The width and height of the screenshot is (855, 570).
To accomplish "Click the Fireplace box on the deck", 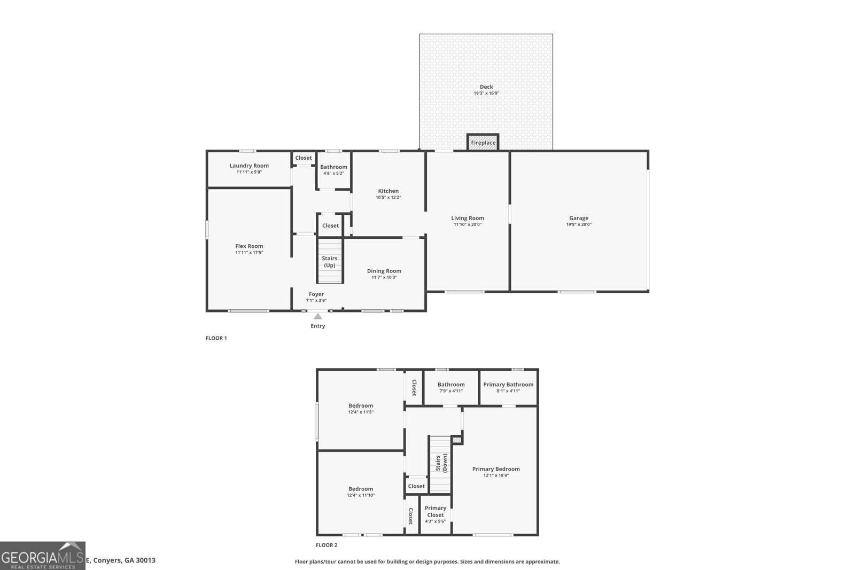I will click(x=483, y=143).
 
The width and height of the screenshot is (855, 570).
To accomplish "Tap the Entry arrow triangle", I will click(x=318, y=316).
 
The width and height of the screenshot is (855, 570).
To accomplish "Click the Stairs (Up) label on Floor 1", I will click(x=330, y=262).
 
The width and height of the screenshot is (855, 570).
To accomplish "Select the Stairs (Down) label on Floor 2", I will click(x=441, y=463).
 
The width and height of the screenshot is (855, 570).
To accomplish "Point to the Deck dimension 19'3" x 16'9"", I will click(x=486, y=93).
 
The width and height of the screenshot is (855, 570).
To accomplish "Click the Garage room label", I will click(x=579, y=218).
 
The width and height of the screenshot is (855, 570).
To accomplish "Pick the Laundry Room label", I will click(x=249, y=166).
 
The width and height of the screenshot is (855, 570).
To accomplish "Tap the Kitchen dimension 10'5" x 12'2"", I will click(x=388, y=198).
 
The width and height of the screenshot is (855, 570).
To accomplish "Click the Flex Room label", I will click(x=249, y=246).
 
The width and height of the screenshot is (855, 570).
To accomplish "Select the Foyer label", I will click(x=316, y=294).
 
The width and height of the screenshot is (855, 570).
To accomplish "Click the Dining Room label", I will click(x=384, y=271).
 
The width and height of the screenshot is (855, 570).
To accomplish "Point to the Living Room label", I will click(x=468, y=218).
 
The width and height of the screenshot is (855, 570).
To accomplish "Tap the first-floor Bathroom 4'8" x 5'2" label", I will click(x=333, y=167).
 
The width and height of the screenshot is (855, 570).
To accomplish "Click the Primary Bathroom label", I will click(x=508, y=385).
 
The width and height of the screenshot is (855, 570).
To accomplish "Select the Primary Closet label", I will click(x=436, y=511).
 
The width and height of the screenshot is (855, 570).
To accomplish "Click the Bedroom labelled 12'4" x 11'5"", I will click(x=361, y=405).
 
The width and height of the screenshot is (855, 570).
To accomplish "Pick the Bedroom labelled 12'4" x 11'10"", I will click(x=361, y=489).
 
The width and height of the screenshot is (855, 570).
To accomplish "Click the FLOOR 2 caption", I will click(x=327, y=545).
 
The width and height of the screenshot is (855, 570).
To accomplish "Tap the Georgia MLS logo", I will click(x=42, y=556).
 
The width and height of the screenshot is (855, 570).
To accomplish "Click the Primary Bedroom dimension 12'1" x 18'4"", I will click(x=496, y=475).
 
